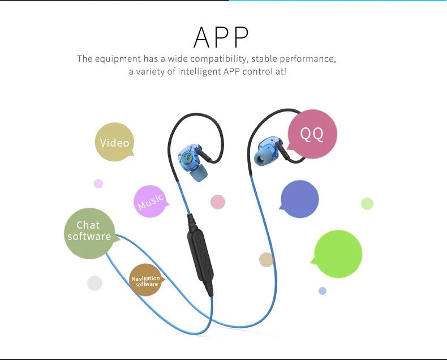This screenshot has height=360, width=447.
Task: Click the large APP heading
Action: tap(221, 37)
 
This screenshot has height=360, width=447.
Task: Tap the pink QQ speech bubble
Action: tap(312, 134)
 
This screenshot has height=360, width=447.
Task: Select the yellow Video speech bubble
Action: tap(114, 142)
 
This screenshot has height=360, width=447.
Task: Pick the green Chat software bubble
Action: tap(89, 233)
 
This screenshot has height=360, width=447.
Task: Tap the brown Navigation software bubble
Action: tap(145, 280)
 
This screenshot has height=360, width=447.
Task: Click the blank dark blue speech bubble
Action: tap(300, 199)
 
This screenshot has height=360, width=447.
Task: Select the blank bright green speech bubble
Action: tap(338, 254)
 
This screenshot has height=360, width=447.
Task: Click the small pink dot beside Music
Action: tap(218, 202)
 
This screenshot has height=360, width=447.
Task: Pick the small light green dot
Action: tap(367, 203)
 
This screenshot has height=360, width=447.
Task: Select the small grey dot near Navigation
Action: tap(94, 283)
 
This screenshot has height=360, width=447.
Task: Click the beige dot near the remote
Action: tap(267, 259)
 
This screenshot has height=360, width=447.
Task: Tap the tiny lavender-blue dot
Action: tap(323, 291)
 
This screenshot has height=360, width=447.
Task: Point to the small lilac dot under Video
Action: tap(98, 183)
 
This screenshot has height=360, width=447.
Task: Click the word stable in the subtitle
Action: tap(264, 59)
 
